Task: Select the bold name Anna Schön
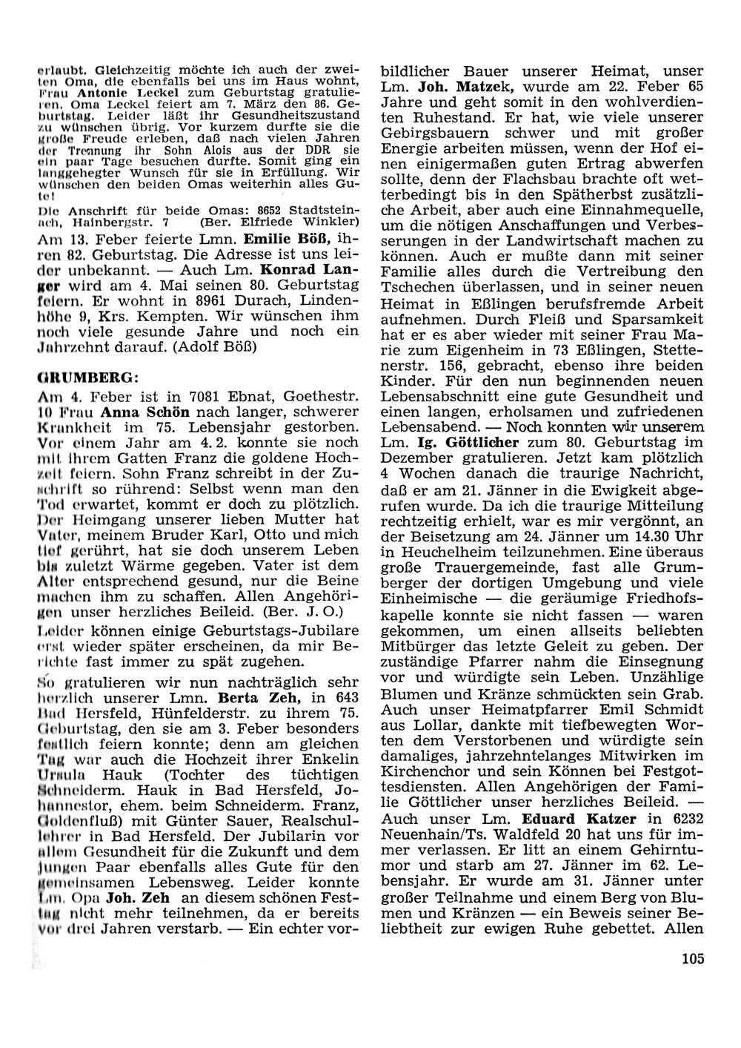pos(141,412)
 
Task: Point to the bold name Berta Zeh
pos(250,698)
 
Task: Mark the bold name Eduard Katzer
pos(569,821)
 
